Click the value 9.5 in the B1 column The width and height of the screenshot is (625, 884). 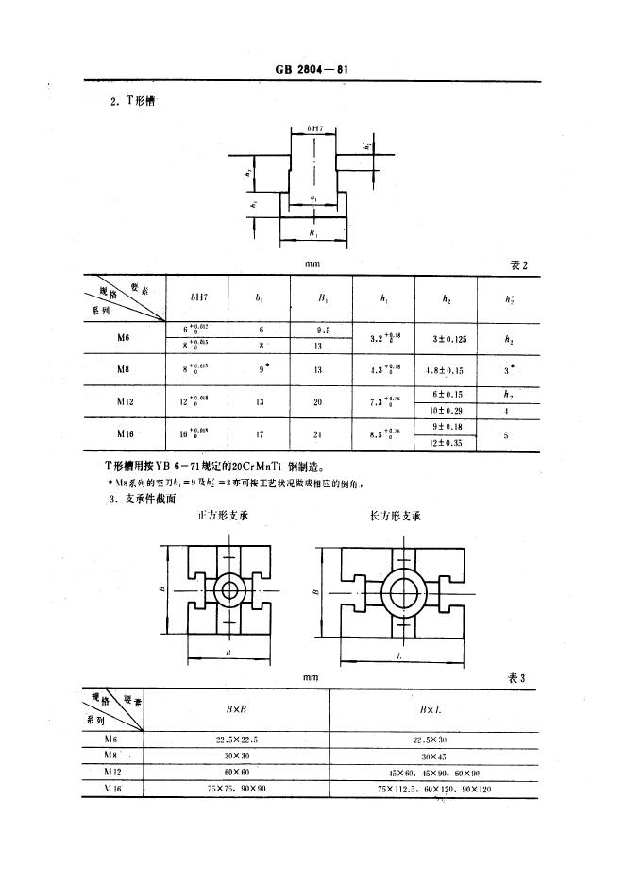(320, 330)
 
